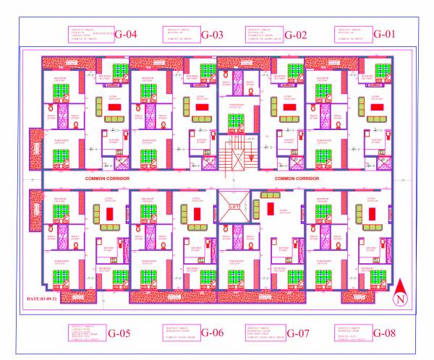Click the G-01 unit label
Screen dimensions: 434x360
click(x=385, y=33)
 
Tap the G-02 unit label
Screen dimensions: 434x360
click(x=296, y=35)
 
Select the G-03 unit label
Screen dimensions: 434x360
click(x=212, y=35)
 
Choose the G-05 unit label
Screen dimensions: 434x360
click(x=119, y=333)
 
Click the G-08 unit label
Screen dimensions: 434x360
click(x=386, y=333)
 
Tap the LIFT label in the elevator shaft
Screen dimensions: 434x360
click(x=234, y=207)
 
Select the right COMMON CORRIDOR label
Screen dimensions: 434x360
click(x=297, y=178)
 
